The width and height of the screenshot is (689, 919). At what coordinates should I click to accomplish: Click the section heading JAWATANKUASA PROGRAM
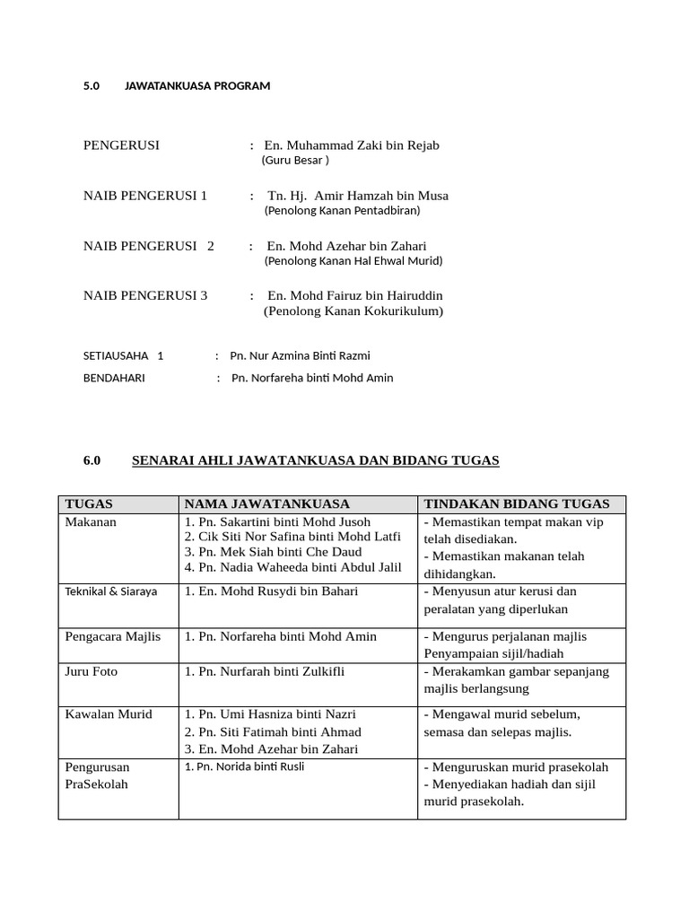[196, 86]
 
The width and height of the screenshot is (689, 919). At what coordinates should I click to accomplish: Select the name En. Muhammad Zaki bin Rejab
[352, 145]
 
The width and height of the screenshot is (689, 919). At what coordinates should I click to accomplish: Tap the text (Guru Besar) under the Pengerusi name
[295, 161]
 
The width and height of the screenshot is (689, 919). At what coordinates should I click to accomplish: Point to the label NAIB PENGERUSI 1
[145, 196]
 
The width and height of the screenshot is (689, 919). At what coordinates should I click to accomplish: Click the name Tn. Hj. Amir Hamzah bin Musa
[358, 196]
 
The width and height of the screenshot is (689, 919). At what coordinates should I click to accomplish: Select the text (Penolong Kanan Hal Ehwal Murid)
[353, 261]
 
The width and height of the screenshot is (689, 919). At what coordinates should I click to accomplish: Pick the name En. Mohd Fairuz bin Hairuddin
[354, 295]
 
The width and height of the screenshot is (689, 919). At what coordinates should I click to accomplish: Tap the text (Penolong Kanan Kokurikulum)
[353, 311]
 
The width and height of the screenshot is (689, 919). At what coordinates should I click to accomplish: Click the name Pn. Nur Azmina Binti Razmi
[300, 355]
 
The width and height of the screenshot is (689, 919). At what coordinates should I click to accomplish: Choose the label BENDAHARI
[114, 378]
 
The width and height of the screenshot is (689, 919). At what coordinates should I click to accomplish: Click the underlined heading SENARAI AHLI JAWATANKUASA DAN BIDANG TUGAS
[315, 460]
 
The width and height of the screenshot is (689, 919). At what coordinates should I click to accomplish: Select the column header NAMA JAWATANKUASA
[267, 504]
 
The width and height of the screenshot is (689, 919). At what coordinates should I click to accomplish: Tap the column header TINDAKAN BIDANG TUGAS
[517, 504]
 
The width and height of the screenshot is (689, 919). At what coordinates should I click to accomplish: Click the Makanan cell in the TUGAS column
[91, 521]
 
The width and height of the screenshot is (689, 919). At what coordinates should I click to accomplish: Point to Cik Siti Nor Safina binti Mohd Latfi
[292, 537]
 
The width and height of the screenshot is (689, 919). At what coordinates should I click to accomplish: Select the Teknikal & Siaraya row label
[111, 591]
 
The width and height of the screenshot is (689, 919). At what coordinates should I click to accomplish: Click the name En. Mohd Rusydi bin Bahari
[271, 591]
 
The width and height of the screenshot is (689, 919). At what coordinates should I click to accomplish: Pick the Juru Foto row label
[92, 671]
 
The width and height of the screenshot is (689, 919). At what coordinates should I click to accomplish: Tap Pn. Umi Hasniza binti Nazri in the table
[270, 714]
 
